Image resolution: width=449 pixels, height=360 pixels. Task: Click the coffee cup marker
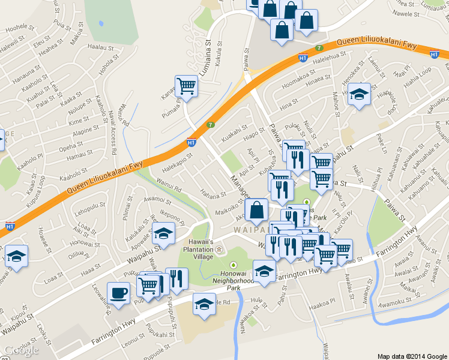(118, 293)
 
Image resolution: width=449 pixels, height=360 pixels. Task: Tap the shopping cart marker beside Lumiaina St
(186, 86)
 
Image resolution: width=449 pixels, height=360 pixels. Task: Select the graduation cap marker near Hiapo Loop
(359, 94)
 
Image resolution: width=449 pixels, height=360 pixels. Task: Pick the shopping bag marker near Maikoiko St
(256, 210)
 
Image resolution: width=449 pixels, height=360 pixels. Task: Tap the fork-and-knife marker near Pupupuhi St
(176, 278)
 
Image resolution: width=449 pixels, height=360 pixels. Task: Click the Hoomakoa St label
(298, 86)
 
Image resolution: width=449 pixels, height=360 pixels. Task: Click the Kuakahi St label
(235, 131)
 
